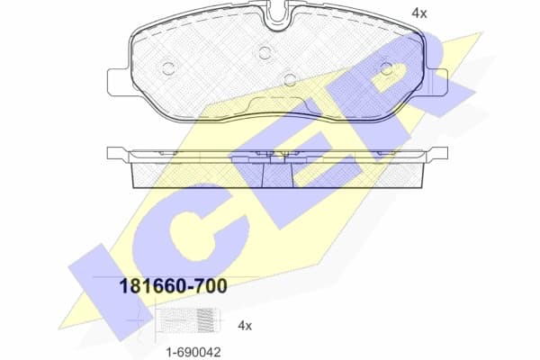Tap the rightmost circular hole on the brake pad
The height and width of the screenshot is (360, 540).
click(x=386, y=67)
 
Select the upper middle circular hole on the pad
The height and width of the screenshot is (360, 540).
click(x=264, y=51)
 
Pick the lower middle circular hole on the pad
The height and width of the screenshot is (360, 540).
click(x=289, y=78)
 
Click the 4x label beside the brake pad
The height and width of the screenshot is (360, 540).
click(x=418, y=13)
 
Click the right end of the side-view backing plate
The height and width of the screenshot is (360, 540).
click(x=437, y=154)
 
